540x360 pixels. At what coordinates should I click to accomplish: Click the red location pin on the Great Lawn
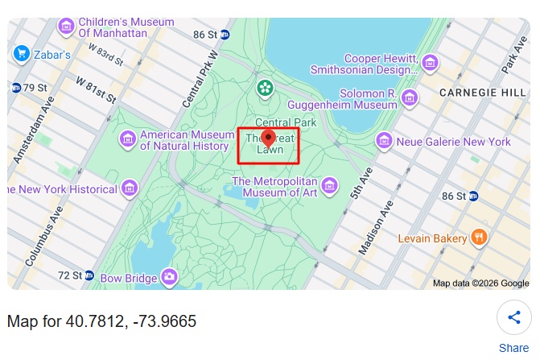coord(269,139)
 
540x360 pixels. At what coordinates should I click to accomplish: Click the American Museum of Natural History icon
coord(127,140)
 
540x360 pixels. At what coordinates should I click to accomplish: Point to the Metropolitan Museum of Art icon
coord(328,187)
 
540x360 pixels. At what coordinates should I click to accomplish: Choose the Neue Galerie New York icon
coord(384,142)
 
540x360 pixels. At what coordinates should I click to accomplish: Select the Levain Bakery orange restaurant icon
coord(479,238)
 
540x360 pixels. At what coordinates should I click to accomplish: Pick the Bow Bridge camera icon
coord(168,279)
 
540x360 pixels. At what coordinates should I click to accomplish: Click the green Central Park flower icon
coord(263,87)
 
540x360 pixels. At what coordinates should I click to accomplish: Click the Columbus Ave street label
coord(43,236)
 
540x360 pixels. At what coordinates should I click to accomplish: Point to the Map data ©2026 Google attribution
coord(480,283)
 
